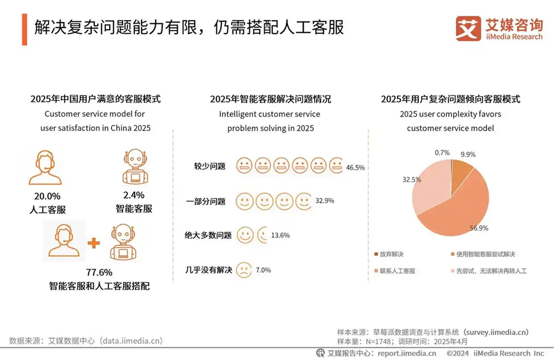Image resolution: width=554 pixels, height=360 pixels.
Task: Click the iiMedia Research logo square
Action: [468, 29]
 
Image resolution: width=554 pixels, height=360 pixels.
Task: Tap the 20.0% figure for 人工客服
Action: [47, 196]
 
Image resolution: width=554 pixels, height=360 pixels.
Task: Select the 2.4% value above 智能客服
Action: [134, 195]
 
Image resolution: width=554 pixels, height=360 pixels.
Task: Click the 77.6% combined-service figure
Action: [99, 272]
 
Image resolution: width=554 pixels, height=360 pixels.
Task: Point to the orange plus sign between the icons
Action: [94, 243]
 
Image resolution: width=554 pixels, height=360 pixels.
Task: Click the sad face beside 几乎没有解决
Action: [244, 270]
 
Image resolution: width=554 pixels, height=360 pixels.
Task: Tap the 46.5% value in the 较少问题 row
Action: [355, 167]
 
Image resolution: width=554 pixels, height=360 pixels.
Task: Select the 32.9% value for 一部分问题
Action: [325, 201]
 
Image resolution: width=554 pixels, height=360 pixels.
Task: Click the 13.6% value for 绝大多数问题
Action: [280, 235]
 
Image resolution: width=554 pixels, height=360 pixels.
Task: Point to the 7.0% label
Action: [263, 270]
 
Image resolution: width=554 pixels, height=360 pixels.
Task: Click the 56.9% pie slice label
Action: [479, 228]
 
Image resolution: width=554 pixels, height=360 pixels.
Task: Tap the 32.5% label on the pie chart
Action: [412, 179]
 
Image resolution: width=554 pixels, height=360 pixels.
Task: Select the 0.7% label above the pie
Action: [442, 153]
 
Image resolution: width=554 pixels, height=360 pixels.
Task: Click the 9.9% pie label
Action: [468, 154]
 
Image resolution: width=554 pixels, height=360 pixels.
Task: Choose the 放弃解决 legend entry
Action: [389, 254]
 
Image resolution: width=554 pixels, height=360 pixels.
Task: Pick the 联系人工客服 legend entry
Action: [395, 271]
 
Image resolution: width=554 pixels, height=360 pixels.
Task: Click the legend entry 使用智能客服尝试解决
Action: [483, 254]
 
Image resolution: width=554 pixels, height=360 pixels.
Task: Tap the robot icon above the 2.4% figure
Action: [135, 167]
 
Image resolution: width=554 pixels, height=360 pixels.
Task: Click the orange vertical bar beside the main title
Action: [24, 30]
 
